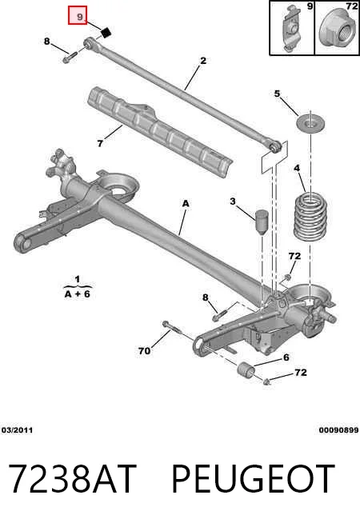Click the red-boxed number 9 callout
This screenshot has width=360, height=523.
point(78,15)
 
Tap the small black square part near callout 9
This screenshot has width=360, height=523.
point(106,33)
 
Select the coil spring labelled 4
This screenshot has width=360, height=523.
point(311,218)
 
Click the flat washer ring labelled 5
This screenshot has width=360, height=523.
point(310,124)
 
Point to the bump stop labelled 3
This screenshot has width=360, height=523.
point(262,222)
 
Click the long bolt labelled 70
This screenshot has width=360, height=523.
point(172,329)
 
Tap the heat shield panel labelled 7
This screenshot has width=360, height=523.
point(159,132)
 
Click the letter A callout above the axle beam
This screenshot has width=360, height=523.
point(186,203)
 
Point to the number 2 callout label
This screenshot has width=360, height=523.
point(203,61)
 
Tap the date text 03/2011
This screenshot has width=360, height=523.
point(18,430)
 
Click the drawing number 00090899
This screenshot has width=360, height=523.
point(339,430)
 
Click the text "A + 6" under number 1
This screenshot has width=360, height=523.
point(78,294)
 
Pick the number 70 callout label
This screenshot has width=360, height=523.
point(144,351)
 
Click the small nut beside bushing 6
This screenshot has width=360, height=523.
point(266,381)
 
